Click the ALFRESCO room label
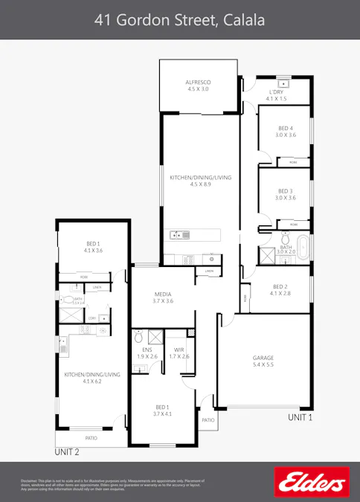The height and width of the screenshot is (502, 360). click(x=197, y=82)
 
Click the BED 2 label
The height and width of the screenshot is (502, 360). click(x=280, y=287)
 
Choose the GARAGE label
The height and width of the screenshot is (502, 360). click(x=263, y=358)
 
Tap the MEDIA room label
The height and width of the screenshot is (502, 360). click(x=164, y=294)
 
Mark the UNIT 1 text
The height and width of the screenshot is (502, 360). click(x=300, y=418)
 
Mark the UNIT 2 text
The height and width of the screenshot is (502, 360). click(x=67, y=451)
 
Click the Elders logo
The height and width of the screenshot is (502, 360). click(x=311, y=482)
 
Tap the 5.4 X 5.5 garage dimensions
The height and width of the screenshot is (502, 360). click(x=263, y=366)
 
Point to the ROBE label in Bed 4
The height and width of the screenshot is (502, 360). click(x=293, y=161)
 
